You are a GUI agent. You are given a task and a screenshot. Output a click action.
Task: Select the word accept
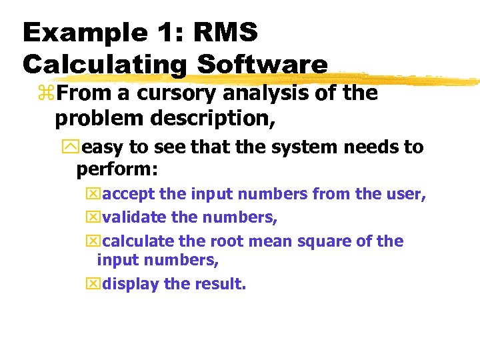pyautogui.click(x=129, y=195)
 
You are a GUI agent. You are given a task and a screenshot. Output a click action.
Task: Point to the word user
pyautogui.click(x=403, y=195)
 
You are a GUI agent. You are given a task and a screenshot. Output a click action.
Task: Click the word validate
pyautogui.click(x=135, y=217)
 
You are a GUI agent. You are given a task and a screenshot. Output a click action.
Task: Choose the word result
pyautogui.click(x=219, y=284)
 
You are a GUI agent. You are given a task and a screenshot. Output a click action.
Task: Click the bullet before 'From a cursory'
pyautogui.click(x=48, y=95)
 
